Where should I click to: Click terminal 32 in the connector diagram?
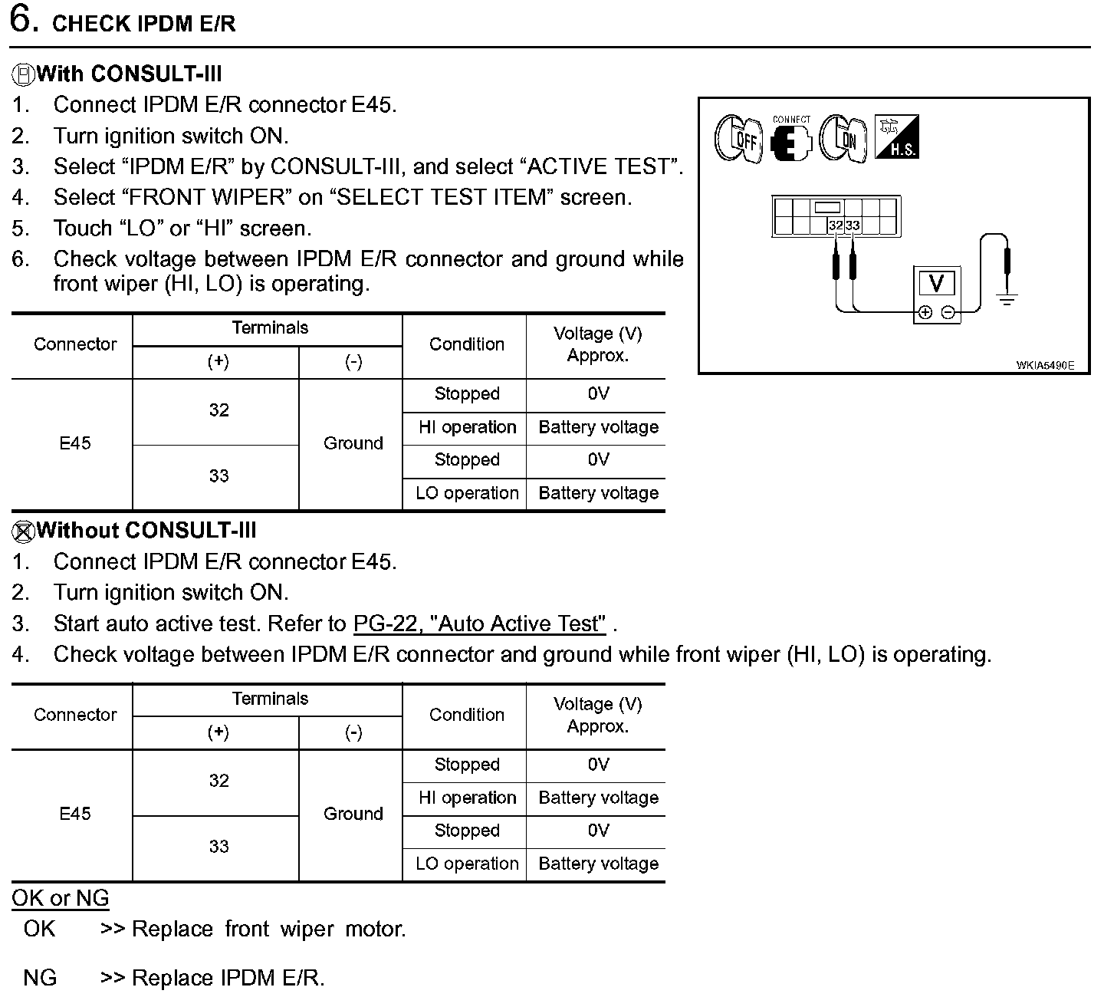tap(835, 225)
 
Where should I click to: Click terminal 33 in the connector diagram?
tap(853, 225)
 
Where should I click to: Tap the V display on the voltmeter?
tap(936, 284)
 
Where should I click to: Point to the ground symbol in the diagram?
tap(1007, 298)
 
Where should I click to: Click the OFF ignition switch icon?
tap(738, 139)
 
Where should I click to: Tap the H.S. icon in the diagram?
tap(896, 138)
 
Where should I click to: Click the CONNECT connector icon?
tap(790, 140)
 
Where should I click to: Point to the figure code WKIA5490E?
tap(1045, 365)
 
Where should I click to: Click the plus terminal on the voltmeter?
tap(925, 312)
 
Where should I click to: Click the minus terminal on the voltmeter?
tap(948, 312)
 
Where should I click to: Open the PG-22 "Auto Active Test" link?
tap(479, 624)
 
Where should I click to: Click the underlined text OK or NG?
tap(61, 898)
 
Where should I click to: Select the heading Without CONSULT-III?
tap(146, 531)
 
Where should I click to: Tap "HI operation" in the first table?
tap(467, 427)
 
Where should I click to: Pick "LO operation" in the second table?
tap(467, 864)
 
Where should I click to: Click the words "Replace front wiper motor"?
tap(268, 929)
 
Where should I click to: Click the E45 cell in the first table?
tap(75, 443)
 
